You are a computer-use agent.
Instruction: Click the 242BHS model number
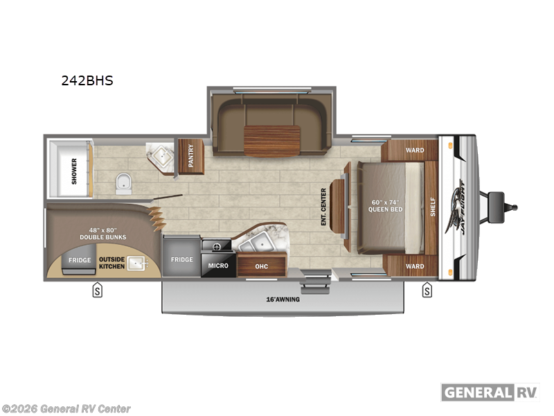[87, 80]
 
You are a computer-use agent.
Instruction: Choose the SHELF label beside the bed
[433, 206]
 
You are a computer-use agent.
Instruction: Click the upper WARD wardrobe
[414, 150]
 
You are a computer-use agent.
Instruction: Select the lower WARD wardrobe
[414, 266]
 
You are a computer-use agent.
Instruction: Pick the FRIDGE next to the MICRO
[181, 260]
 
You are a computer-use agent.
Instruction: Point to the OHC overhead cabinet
[261, 266]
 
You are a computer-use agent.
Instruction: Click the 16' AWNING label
[286, 300]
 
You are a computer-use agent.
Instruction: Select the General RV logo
[490, 392]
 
